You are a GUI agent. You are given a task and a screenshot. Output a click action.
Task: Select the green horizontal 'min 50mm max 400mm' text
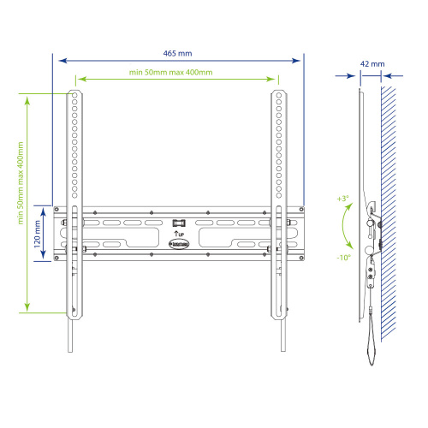(178, 73)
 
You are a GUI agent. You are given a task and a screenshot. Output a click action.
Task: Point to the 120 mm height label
(37, 232)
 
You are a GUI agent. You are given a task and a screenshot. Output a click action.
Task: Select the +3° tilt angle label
(342, 199)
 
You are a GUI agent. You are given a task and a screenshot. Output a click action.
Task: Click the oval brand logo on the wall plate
(179, 243)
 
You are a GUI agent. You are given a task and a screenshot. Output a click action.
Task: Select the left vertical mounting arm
(75, 197)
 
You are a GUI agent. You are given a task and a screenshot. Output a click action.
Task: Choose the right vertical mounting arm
(279, 197)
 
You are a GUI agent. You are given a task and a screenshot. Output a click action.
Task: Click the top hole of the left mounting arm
(75, 93)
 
